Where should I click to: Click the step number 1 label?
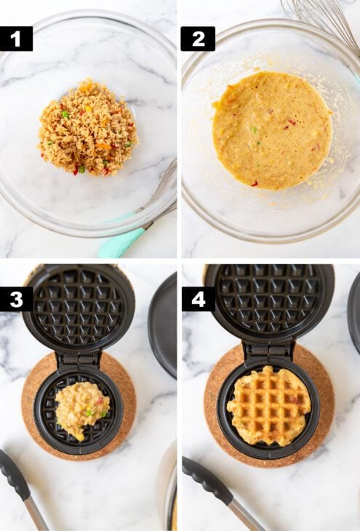tap(16, 39)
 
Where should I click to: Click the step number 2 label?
tap(197, 39)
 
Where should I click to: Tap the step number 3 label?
tap(16, 299)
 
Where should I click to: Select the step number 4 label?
tap(197, 299)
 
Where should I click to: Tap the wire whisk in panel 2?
tap(320, 18)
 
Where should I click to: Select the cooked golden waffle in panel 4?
tap(269, 405)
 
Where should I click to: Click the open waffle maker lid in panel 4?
tap(269, 302)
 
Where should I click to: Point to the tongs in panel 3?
tap(22, 487)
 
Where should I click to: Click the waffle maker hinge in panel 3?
tap(79, 358)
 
